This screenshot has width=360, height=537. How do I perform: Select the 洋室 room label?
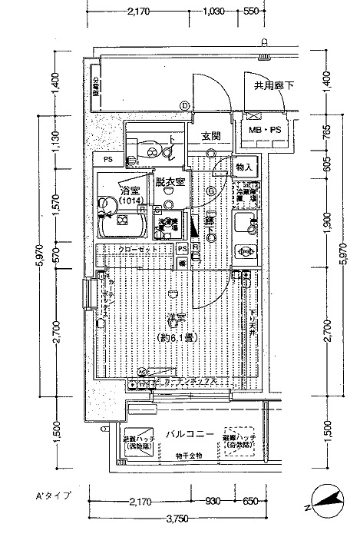coord(177,317)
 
